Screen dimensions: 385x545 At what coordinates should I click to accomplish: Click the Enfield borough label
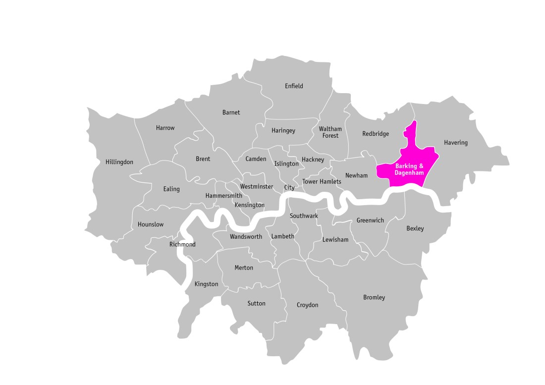tap(294, 86)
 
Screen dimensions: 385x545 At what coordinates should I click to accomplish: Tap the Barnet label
tap(231, 112)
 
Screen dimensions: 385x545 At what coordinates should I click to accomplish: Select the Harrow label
tap(165, 128)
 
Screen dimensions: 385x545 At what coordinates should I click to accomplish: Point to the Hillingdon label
tap(119, 162)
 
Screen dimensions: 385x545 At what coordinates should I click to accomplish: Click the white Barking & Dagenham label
tap(409, 169)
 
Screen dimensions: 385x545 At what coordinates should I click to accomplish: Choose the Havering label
tap(455, 143)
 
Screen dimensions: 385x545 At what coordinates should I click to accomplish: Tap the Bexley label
tap(415, 228)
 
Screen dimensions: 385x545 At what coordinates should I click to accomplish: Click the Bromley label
tap(374, 297)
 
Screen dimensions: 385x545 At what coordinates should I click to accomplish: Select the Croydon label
tap(307, 305)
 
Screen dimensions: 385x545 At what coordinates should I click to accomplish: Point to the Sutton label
tap(256, 303)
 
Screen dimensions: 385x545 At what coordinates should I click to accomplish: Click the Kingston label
tap(206, 284)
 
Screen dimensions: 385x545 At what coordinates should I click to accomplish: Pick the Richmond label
tap(182, 244)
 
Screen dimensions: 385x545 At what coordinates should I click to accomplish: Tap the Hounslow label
tap(151, 224)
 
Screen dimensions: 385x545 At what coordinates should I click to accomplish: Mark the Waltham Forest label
tap(330, 132)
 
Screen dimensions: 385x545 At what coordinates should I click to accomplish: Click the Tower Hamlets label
tap(322, 182)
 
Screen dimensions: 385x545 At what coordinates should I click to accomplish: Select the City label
tap(289, 188)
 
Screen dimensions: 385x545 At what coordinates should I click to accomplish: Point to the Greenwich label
tap(370, 220)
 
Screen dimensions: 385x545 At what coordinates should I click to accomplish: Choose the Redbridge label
tap(376, 134)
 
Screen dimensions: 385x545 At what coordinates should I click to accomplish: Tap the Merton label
tap(243, 268)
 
